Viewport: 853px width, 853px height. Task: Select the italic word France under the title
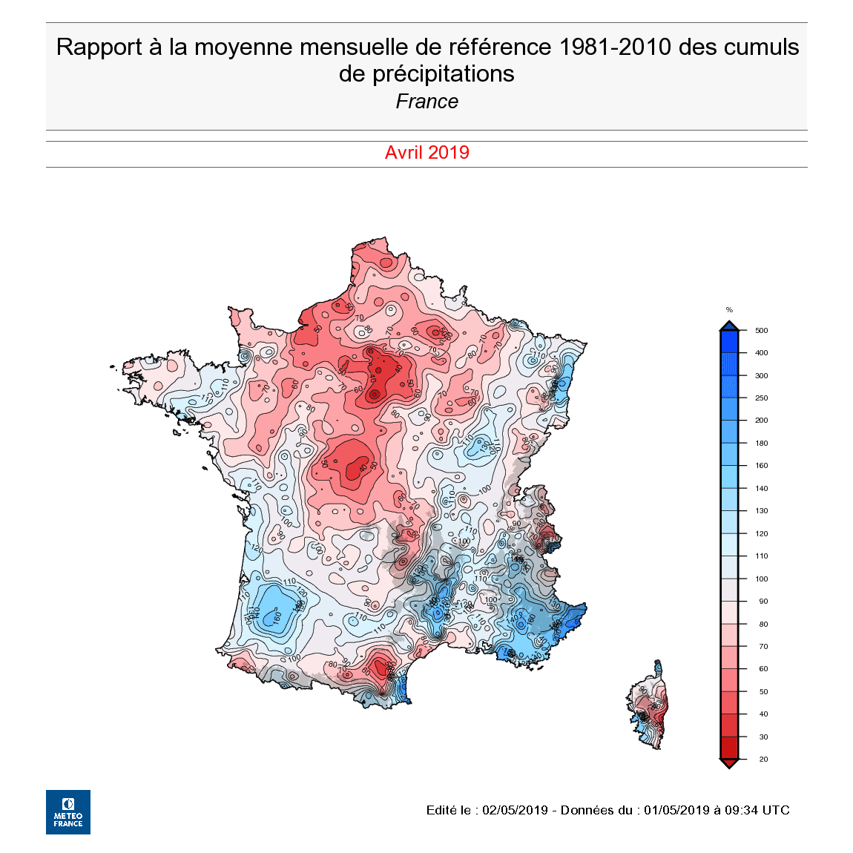(426, 102)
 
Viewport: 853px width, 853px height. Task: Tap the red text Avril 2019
(426, 153)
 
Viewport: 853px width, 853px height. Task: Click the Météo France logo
(68, 811)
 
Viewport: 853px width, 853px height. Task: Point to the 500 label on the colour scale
(761, 331)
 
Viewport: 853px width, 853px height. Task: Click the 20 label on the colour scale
(763, 760)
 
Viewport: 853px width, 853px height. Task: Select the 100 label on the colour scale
(761, 579)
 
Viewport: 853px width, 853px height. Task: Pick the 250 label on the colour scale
(761, 398)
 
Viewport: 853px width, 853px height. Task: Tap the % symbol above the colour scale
(729, 310)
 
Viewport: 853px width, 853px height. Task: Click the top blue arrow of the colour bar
(729, 326)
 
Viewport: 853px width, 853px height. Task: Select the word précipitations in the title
(444, 73)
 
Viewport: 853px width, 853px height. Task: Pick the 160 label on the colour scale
(761, 466)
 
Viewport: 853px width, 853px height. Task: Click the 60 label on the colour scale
(763, 669)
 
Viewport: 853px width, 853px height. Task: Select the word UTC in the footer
(776, 810)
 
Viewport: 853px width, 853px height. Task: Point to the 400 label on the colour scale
(761, 353)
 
